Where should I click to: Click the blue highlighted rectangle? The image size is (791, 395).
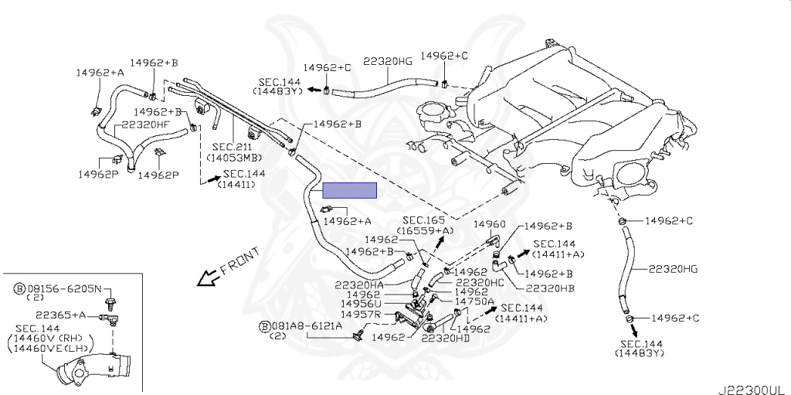click(x=350, y=190)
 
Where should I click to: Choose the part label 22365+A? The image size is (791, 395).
click(x=61, y=315)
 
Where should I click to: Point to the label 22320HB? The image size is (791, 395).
click(x=549, y=288)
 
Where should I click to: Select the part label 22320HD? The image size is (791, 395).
click(x=445, y=338)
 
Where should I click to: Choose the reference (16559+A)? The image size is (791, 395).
click(x=425, y=230)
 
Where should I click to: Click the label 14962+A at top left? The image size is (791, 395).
click(x=100, y=72)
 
